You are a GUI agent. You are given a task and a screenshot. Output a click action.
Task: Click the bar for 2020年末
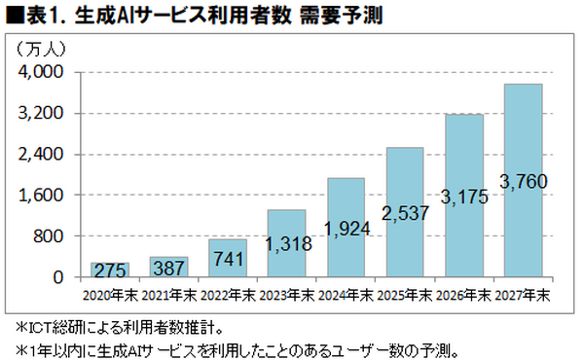point(110,270)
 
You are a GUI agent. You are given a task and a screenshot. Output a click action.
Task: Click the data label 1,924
point(346,230)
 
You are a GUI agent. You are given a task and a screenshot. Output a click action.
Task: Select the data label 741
point(228,264)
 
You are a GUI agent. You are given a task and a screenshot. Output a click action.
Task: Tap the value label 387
point(169,266)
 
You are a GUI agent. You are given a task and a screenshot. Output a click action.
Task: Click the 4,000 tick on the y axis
point(42,72)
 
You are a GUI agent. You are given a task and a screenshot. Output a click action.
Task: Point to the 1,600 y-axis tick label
point(42,195)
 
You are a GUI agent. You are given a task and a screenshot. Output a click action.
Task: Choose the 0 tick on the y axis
point(57,276)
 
